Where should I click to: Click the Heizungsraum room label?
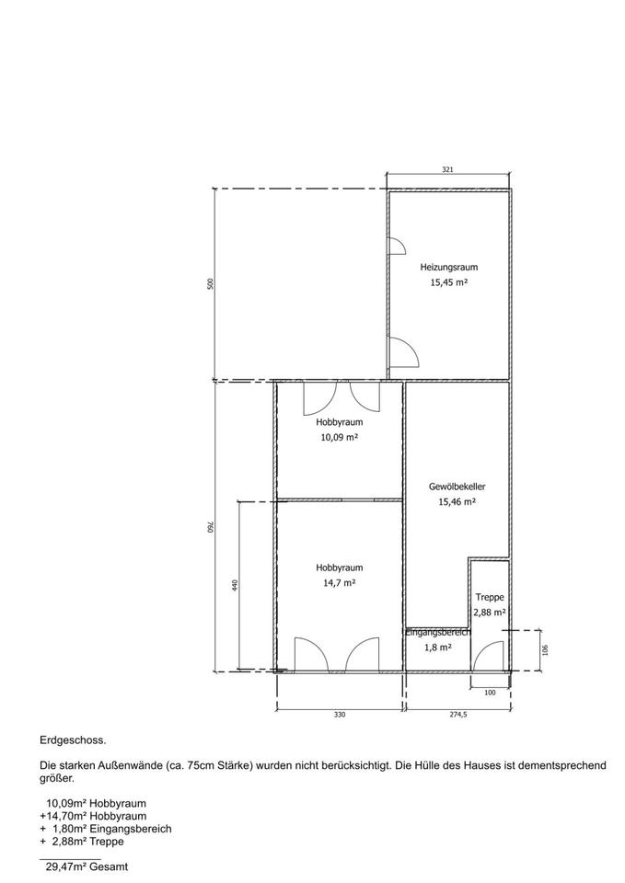(448, 267)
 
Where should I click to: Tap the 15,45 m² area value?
(448, 282)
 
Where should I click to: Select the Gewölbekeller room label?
(457, 487)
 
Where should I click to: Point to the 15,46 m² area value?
(457, 502)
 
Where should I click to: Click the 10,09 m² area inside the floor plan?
(340, 437)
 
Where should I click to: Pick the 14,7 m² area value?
(340, 583)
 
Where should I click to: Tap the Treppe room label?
(490, 598)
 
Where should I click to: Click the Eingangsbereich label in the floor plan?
(438, 633)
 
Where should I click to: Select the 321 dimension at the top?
(448, 169)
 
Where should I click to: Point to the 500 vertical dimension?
(211, 284)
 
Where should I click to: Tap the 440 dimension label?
(235, 585)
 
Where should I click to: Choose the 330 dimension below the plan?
(340, 715)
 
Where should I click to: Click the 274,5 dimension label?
(457, 715)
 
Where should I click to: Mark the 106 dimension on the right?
(544, 650)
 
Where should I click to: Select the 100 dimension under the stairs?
(490, 693)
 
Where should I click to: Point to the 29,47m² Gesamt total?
(87, 867)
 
